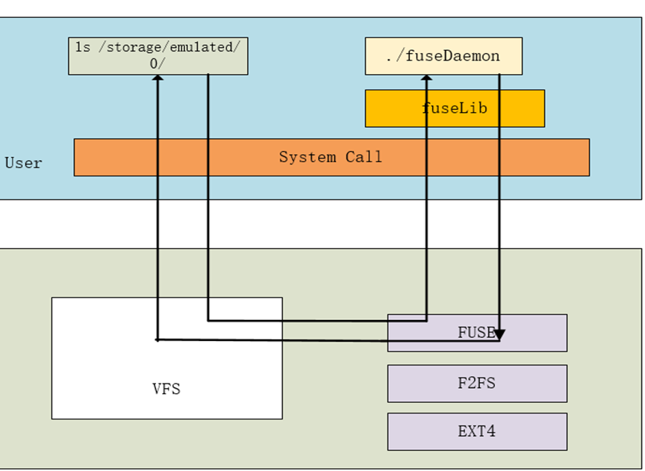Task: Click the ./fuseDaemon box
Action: [x=443, y=56]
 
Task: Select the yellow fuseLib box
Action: [x=455, y=108]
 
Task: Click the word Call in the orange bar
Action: [x=364, y=157]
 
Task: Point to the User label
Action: [x=24, y=163]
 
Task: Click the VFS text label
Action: [x=166, y=389]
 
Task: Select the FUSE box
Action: [x=476, y=333]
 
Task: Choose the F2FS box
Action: [x=476, y=384]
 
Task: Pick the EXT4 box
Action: [x=476, y=431]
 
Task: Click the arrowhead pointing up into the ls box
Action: [x=158, y=80]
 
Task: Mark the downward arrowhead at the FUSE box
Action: [x=499, y=334]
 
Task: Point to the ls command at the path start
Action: [x=82, y=48]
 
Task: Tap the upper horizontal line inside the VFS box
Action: [x=246, y=321]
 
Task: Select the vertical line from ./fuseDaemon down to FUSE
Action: [x=499, y=224]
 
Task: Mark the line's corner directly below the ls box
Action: [x=208, y=321]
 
